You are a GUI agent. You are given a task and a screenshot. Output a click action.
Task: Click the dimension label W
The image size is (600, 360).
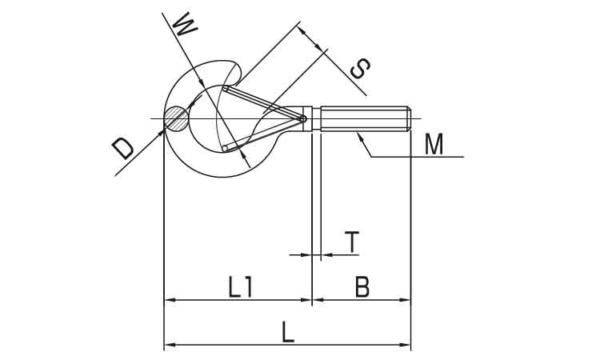point(185,25)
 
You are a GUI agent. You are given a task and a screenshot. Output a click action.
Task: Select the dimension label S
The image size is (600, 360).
point(360,69)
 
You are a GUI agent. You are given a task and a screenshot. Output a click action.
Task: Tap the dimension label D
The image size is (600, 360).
point(123,149)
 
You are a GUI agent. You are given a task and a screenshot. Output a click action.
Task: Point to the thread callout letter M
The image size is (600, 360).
point(434,144)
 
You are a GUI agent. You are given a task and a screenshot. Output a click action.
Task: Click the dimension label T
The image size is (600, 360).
point(352,242)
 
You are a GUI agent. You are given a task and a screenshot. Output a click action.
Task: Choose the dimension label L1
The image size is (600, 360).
point(240,287)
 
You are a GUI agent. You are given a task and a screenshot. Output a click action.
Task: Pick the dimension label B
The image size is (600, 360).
point(362,287)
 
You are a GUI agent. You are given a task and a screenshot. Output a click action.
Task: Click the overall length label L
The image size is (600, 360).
point(288,332)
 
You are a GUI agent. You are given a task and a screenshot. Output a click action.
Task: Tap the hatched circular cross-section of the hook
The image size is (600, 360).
point(177,118)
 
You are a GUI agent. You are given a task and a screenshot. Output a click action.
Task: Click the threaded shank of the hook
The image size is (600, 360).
point(366,118)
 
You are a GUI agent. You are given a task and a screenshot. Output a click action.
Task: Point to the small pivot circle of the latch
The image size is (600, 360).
point(303,118)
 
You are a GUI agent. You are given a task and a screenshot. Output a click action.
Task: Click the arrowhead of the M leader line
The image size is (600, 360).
point(359,135)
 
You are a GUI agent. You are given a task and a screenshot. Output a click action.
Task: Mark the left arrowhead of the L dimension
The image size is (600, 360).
point(169,345)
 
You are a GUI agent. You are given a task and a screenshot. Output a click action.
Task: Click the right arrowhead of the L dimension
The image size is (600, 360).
point(406,345)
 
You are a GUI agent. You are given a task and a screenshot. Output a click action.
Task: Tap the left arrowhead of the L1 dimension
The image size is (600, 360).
point(169,300)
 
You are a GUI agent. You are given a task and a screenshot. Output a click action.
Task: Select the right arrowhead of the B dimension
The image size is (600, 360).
point(406,300)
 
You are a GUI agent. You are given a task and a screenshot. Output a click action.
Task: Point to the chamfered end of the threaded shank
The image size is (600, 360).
point(409,118)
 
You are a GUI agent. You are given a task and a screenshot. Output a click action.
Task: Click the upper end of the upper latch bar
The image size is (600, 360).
point(226,89)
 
